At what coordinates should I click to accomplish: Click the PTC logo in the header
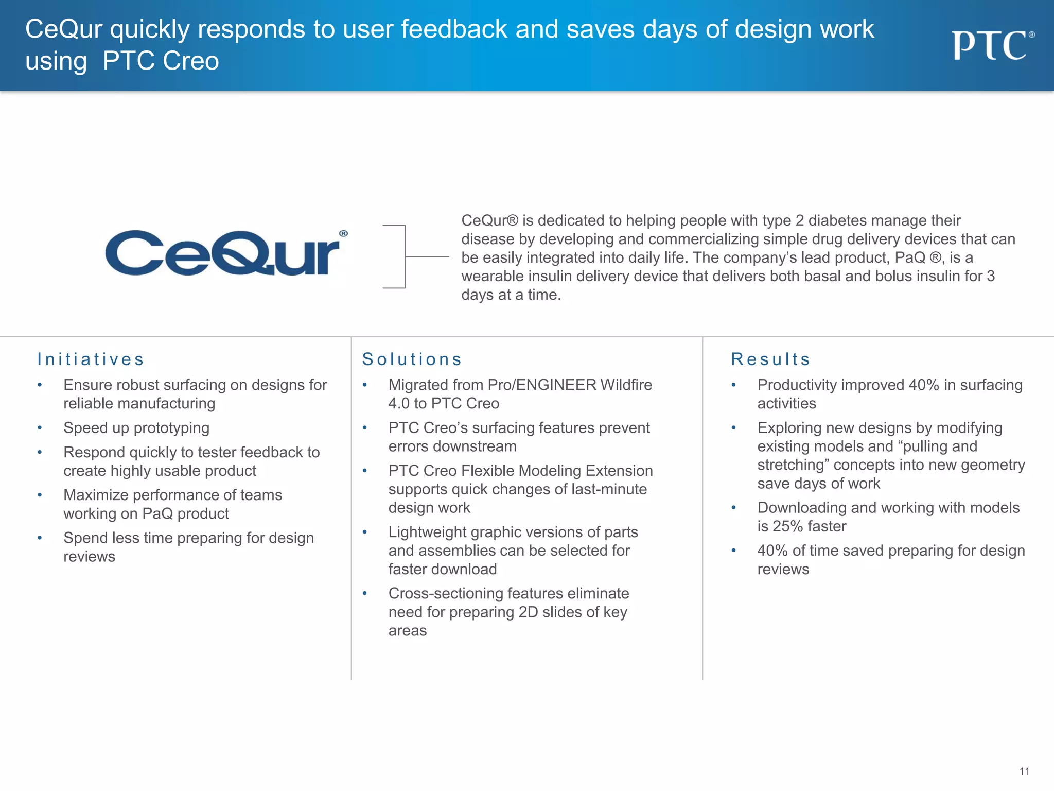992,45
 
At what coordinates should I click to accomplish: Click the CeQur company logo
225,253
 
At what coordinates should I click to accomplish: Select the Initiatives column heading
91,359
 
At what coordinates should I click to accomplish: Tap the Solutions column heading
412,359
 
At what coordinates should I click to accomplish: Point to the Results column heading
770,359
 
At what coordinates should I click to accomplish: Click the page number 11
1024,771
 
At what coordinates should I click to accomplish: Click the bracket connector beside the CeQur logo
406,256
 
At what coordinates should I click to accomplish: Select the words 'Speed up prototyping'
136,428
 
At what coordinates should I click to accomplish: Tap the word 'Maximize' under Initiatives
96,495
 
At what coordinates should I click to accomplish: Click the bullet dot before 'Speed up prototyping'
40,428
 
